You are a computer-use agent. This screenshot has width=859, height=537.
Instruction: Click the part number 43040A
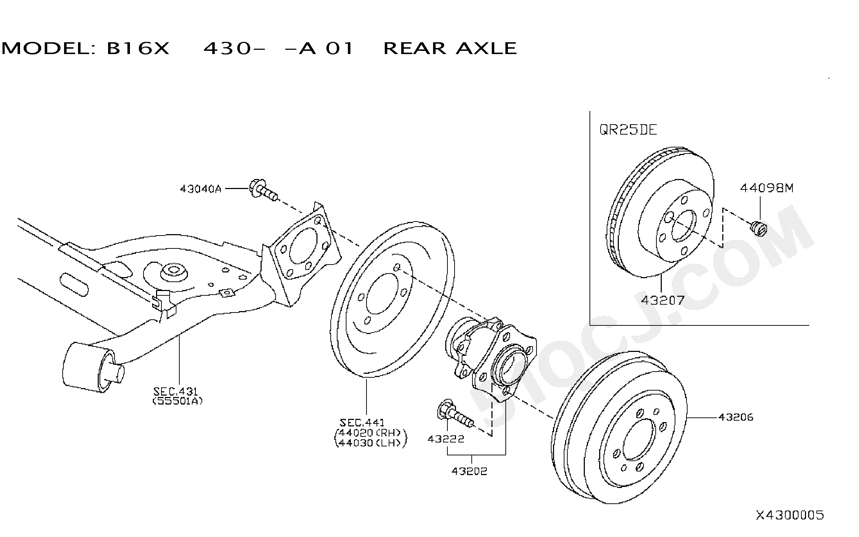[200, 189]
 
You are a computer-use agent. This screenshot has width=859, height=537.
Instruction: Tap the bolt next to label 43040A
[263, 190]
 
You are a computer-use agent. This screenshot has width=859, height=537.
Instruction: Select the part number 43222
[446, 439]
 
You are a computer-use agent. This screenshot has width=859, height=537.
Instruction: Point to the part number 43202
[469, 471]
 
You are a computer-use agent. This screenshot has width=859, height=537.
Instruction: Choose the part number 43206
[736, 417]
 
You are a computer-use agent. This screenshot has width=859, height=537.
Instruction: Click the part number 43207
[663, 300]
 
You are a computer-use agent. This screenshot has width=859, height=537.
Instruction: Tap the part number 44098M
[767, 188]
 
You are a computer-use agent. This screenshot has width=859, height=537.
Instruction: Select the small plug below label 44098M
[758, 228]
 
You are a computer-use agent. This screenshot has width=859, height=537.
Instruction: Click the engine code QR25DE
[628, 130]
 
